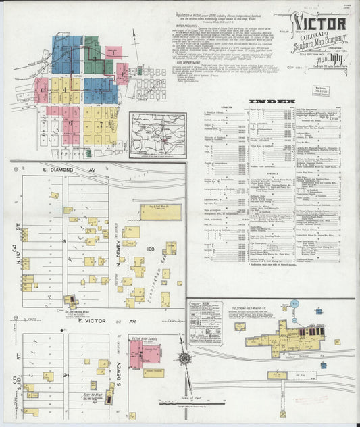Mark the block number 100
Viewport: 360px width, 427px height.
tap(151, 250)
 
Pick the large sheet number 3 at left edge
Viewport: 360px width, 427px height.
tap(14, 250)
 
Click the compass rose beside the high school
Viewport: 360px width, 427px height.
tap(184, 359)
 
